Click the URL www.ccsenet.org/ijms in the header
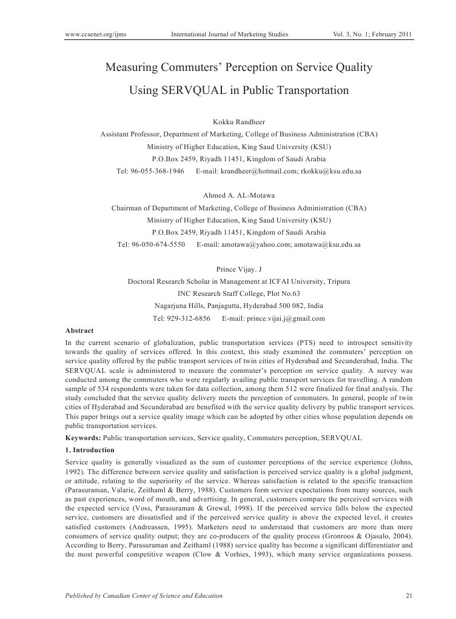[95, 35]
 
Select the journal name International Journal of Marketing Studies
[229, 35]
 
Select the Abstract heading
[79, 330]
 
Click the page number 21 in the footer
[409, 596]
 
